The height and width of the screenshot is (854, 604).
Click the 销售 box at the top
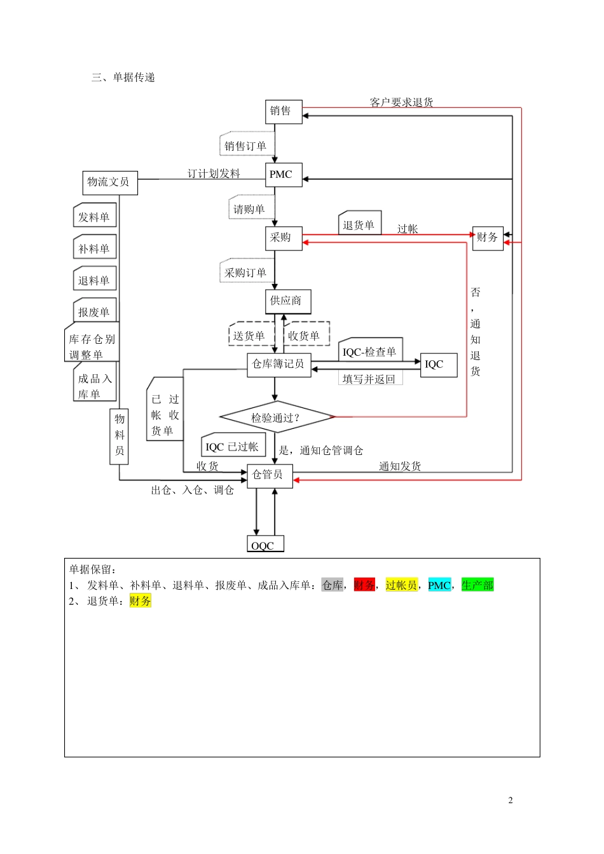click(283, 112)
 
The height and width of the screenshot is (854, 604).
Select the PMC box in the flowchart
click(283, 175)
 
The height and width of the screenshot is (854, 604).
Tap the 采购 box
click(283, 238)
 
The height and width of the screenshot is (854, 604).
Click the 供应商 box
click(287, 301)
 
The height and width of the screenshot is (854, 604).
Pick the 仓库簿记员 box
click(278, 365)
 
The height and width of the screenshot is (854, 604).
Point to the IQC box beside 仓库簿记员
click(438, 365)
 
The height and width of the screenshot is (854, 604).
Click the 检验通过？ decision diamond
click(277, 417)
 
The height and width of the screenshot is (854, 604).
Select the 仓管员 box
click(270, 475)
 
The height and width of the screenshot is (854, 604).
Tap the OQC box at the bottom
click(264, 545)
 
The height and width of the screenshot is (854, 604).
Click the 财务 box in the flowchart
click(488, 238)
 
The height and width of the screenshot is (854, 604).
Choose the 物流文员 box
click(109, 182)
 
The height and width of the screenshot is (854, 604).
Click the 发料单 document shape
click(95, 216)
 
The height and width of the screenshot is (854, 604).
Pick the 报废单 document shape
click(95, 311)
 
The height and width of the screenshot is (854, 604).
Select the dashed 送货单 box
click(251, 335)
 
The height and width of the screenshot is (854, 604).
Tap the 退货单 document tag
click(359, 224)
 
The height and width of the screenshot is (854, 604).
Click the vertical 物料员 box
click(119, 436)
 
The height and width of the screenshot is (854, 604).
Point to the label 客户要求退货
click(401, 102)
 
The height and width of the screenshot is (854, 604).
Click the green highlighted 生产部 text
click(477, 585)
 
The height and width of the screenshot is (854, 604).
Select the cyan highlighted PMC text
click(439, 585)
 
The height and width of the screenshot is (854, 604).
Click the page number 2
click(510, 801)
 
